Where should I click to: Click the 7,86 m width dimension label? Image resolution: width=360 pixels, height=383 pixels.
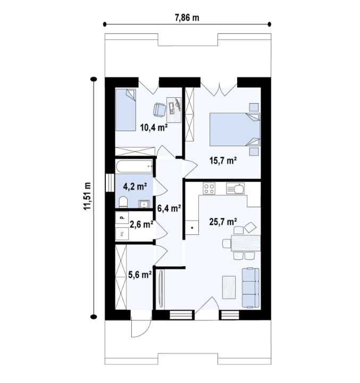click(187, 18)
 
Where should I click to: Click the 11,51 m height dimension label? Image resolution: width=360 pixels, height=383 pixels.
click(87, 195)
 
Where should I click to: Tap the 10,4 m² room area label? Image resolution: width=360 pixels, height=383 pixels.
click(154, 127)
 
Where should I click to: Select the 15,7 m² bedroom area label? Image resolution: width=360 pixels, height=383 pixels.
click(223, 160)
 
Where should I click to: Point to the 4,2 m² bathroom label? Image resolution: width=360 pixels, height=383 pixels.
click(135, 186)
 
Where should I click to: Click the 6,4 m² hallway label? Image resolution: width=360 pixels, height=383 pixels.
click(169, 208)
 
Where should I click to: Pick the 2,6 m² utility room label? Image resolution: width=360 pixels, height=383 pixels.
click(141, 224)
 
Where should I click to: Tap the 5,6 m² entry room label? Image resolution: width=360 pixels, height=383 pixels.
click(140, 275)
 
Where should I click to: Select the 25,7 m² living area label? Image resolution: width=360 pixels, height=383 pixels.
click(223, 222)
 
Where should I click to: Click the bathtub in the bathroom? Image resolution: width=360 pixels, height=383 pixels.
click(134, 166)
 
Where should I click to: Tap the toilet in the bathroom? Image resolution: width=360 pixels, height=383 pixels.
click(123, 202)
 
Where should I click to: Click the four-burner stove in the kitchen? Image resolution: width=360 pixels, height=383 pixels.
click(209, 189)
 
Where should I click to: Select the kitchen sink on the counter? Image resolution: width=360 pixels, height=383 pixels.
click(235, 189)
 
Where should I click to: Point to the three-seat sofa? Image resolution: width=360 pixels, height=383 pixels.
click(250, 287)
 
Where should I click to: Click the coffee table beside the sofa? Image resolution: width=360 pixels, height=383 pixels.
click(229, 287)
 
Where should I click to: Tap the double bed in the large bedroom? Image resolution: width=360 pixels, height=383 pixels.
click(235, 130)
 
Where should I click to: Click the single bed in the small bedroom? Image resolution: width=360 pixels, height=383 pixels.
click(125, 110)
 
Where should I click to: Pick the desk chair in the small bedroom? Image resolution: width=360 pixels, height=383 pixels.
click(160, 109)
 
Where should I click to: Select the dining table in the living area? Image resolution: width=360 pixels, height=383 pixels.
click(246, 243)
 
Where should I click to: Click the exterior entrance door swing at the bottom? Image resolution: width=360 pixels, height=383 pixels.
click(141, 327)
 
